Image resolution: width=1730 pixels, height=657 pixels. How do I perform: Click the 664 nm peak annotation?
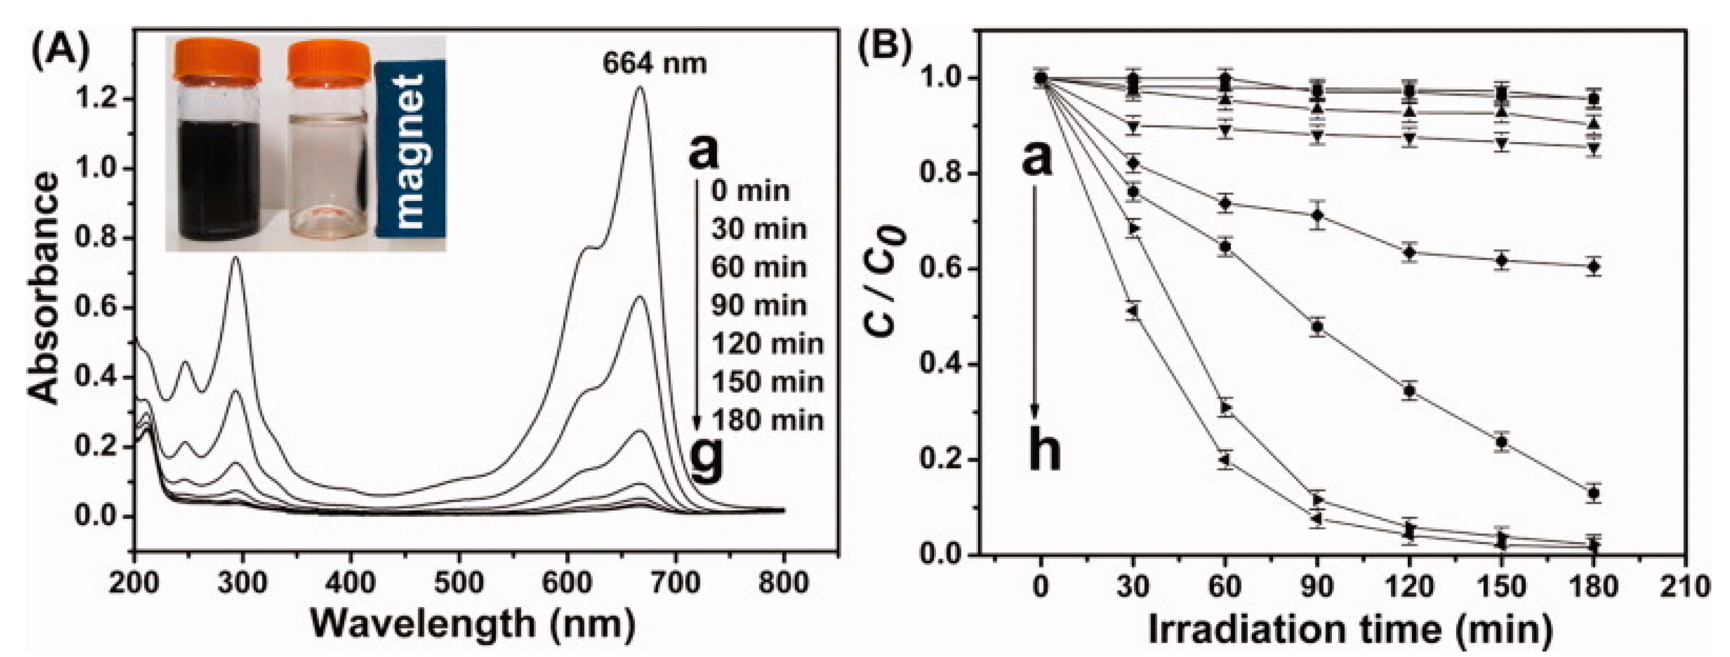click(654, 64)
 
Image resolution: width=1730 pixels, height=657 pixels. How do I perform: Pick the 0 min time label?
click(750, 191)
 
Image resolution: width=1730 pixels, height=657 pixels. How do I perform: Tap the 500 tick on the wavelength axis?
click(459, 583)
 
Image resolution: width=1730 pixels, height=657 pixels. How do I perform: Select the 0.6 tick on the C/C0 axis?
click(942, 270)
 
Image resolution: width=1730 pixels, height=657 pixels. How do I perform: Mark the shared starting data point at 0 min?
click(1040, 79)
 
